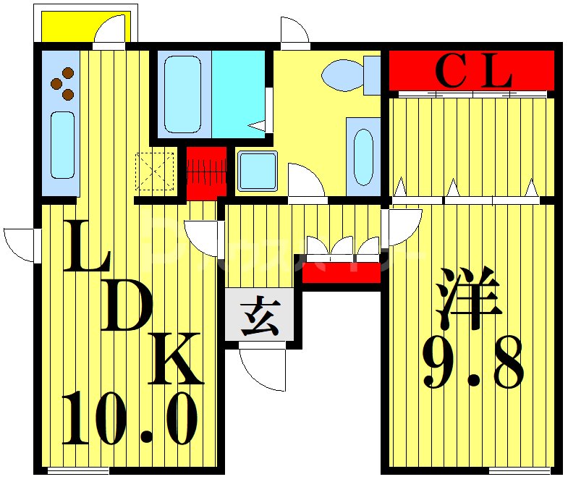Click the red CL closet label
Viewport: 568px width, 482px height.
tap(473, 70)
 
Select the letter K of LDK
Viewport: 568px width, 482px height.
tap(176, 359)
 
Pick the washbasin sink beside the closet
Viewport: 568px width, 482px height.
tap(363, 156)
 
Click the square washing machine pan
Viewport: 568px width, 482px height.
tap(257, 171)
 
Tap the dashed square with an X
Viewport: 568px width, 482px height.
tap(155, 172)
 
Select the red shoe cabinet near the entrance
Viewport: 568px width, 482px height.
tap(341, 273)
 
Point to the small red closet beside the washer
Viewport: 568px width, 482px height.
tap(206, 172)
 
